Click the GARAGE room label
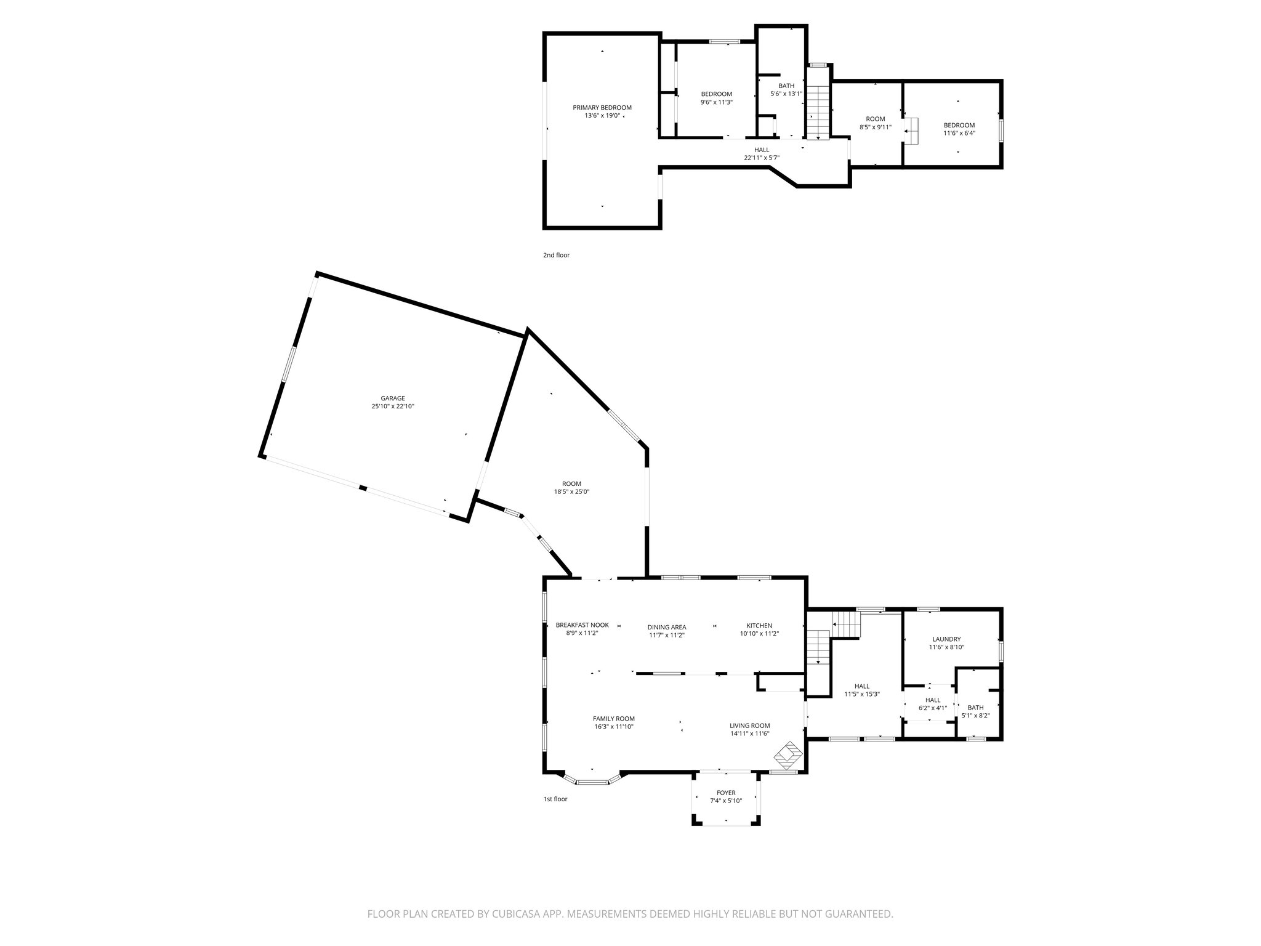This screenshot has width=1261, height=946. point(392,398)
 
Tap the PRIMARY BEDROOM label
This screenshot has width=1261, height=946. point(602,107)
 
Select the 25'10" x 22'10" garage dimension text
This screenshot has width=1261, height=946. point(392,406)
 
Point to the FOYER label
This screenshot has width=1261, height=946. point(726,793)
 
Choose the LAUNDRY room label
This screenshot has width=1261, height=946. point(946,639)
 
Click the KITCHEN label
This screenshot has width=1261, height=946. point(759,626)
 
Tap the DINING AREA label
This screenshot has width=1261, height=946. point(666,628)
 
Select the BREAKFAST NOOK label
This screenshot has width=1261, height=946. point(582,625)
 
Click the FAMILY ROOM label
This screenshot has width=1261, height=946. point(613,719)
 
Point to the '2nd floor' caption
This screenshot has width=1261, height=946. point(556,255)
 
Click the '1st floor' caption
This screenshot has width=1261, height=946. point(555,799)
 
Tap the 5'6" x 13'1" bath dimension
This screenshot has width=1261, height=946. point(786,94)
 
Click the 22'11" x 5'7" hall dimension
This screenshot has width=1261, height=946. point(762,158)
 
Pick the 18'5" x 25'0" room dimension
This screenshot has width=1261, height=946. point(571,492)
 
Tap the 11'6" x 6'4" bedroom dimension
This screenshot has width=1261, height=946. point(959,133)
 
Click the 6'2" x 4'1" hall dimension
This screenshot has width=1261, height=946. point(932,708)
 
